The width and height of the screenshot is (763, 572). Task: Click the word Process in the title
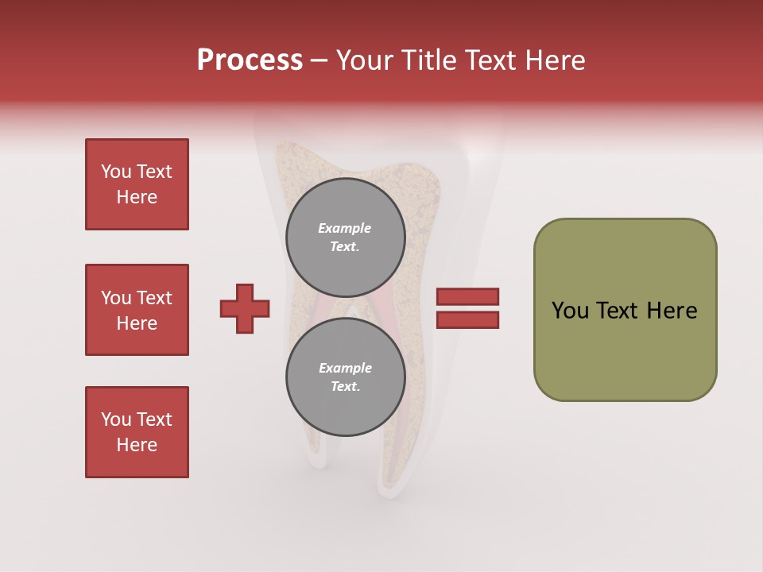coord(250,60)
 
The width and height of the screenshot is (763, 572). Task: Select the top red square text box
coord(137,184)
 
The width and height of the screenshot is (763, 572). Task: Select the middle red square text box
coord(137,310)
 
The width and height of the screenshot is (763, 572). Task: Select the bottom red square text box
coord(137,432)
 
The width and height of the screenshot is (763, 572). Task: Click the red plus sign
coord(245,308)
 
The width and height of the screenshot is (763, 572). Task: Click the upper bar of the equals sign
coord(467,297)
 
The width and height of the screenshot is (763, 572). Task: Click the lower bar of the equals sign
coord(467,319)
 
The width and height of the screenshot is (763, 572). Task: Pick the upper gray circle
coord(346,238)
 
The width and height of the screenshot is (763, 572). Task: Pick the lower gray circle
coord(346,377)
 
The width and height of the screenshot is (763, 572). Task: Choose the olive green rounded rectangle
coord(625,310)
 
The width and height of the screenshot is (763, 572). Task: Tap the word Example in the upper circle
coord(344,228)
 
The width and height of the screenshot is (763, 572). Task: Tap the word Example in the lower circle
coord(345,368)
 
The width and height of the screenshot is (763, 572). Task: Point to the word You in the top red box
coord(115,172)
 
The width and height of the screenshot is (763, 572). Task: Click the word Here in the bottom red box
coord(137,445)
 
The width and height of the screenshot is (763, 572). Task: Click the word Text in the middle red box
coord(153,298)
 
